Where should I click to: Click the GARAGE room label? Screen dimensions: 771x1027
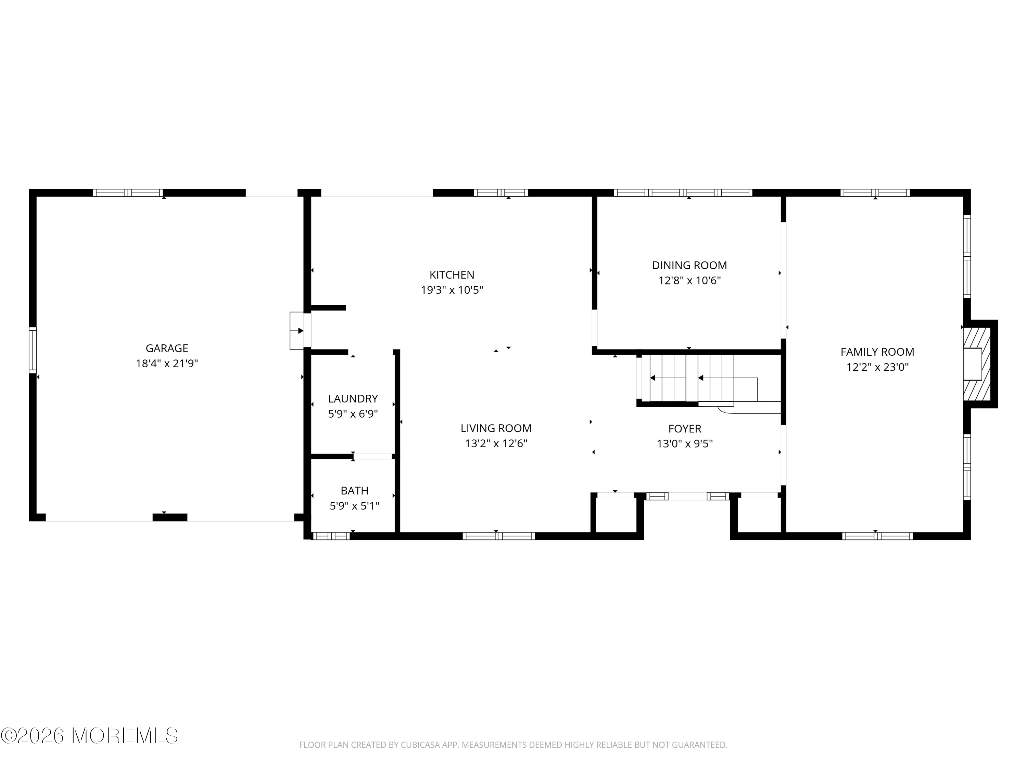167,348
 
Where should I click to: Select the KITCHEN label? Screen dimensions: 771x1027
452,275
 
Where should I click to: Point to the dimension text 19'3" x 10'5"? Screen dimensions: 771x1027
452,290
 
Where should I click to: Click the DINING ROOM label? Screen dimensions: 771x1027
689,265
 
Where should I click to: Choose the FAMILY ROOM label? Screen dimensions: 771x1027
877,352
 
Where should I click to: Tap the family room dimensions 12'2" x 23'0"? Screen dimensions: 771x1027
877,367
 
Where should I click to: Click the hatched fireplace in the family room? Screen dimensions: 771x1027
977,364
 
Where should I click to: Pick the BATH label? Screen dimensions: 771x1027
354,490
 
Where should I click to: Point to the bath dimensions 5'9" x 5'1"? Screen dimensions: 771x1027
354,506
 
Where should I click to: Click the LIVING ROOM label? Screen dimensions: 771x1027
496,428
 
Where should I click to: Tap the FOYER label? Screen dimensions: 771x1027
684,428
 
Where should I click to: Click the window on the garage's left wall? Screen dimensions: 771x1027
33,350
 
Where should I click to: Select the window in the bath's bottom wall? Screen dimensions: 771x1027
331,536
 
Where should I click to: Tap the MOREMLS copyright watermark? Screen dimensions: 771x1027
89,736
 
